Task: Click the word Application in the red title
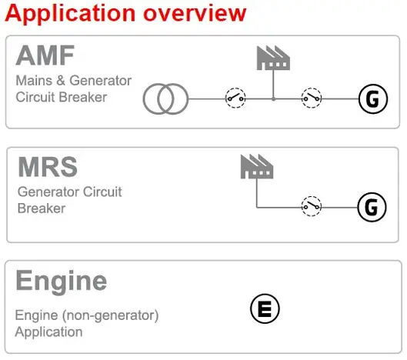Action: [70, 14]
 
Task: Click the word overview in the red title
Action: [195, 13]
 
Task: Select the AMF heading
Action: [45, 55]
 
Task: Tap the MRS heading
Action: [48, 167]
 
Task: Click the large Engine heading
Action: [62, 281]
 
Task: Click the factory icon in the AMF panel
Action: [273, 58]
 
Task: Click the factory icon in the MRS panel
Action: [257, 166]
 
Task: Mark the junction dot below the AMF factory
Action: [273, 99]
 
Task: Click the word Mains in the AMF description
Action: [34, 81]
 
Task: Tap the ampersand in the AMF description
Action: [61, 81]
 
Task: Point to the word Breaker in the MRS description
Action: [42, 208]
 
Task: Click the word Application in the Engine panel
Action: [48, 332]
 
